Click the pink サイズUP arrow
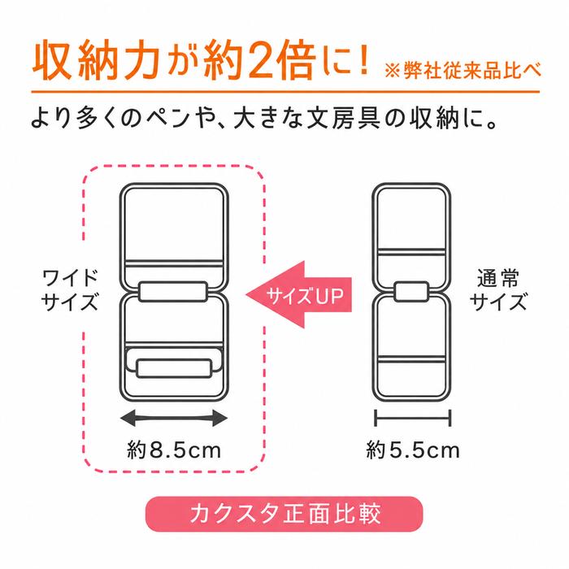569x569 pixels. pyautogui.click(x=299, y=294)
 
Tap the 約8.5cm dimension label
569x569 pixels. pyautogui.click(x=174, y=450)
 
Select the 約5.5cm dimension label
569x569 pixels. pyautogui.click(x=413, y=450)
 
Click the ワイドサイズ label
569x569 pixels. pyautogui.click(x=70, y=289)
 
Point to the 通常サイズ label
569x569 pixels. pyautogui.click(x=497, y=289)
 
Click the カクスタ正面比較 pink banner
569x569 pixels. pyautogui.click(x=284, y=514)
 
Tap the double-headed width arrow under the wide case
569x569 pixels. pyautogui.click(x=174, y=418)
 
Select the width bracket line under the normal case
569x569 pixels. pyautogui.click(x=413, y=418)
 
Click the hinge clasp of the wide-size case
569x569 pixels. pyautogui.click(x=172, y=291)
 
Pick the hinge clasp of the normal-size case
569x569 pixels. pyautogui.click(x=411, y=291)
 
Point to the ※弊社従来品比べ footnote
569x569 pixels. pyautogui.click(x=463, y=71)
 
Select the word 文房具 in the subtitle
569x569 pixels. pyautogui.click(x=343, y=119)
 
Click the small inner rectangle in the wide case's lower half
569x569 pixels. pyautogui.click(x=174, y=368)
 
